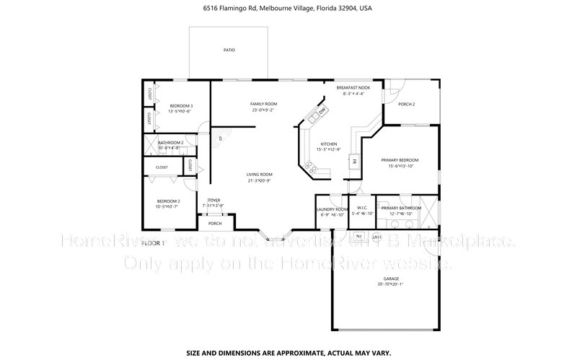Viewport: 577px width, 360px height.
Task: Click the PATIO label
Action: pos(229,50)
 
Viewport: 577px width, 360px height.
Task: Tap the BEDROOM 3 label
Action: pos(180,106)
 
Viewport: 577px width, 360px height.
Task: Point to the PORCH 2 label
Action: pos(406,104)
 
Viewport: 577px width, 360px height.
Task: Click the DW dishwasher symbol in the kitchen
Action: pos(322,110)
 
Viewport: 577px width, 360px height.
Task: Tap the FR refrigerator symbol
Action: pos(353,162)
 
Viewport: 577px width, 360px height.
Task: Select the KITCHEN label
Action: pos(329,144)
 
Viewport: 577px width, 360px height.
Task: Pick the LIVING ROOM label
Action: pos(260,174)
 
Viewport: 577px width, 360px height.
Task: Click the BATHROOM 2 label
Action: pos(171,143)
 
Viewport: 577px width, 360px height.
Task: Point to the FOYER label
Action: pos(213,200)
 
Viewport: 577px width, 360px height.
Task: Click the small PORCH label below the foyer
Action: pos(215,224)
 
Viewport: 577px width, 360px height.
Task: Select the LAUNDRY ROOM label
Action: pos(332,208)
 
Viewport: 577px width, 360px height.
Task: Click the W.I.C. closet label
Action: pos(362,208)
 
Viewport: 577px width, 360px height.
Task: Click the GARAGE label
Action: pos(392,278)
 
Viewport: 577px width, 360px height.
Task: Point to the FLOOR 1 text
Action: pos(153,243)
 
